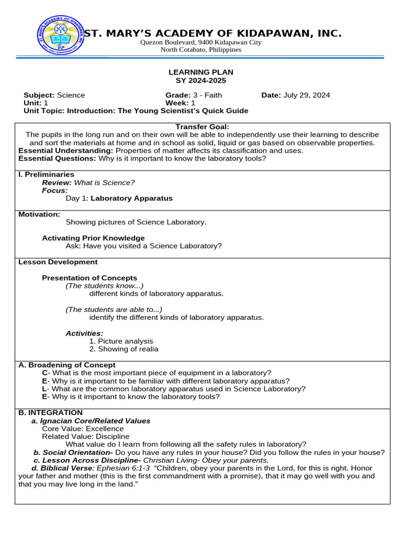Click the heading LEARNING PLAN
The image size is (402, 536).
tap(200, 72)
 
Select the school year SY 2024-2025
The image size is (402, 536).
tap(200, 81)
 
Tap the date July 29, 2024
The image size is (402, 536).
tap(306, 95)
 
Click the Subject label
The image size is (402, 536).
tap(39, 95)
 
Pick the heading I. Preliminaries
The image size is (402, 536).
tap(46, 174)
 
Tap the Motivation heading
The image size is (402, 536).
tap(39, 214)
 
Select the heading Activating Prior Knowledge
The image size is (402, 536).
tap(93, 238)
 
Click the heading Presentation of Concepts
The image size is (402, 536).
tap(90, 278)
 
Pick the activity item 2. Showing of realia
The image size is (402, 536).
tap(124, 349)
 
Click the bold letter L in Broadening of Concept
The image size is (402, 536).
tap(44, 389)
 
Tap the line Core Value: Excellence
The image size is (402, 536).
tap(83, 429)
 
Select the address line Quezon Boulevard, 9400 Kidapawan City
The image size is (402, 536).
tap(200, 42)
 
